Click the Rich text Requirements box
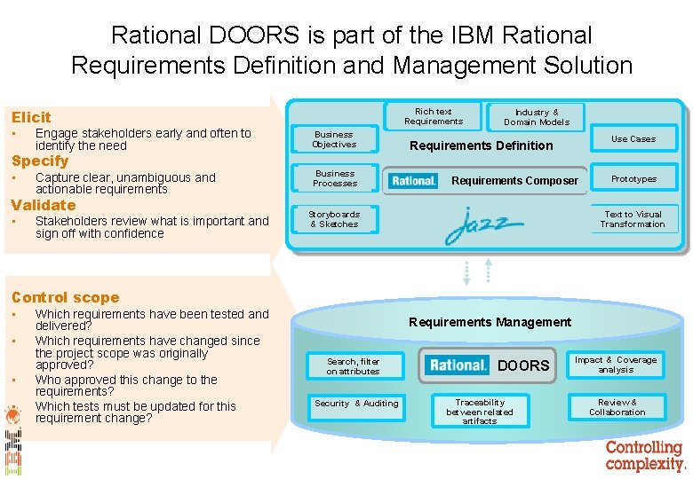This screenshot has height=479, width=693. coord(434,116)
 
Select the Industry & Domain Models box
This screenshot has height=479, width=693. coord(537,117)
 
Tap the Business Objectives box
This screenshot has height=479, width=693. coord(334,139)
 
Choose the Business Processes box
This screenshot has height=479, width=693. coord(334,178)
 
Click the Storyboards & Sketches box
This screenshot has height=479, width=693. coord(334,219)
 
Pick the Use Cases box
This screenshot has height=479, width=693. coord(633,138)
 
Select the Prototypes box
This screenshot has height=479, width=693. coord(633,178)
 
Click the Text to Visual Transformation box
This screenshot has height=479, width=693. coord(633,219)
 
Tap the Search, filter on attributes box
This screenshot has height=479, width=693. coord(353,366)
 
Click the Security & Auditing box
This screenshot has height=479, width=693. coord(356,404)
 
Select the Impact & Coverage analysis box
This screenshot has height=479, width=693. coord(615,365)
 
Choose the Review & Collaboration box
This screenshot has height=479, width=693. coord(617,407)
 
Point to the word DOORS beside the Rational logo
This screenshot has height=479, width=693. coord(523,365)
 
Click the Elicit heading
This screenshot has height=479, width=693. coord(31,117)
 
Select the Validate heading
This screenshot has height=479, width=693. coord(43,205)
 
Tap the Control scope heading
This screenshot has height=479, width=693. coord(65,297)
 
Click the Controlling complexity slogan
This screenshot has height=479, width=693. coord(645,455)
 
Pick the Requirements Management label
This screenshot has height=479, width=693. coord(490,322)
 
